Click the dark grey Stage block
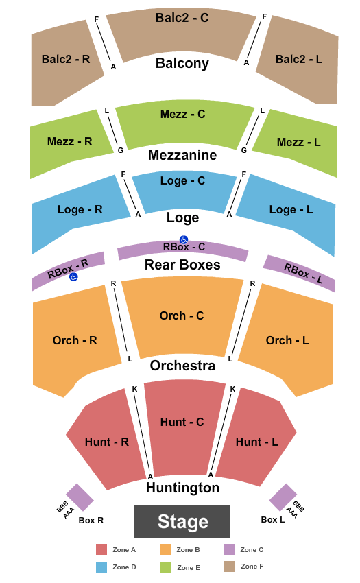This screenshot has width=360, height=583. [x=182, y=521]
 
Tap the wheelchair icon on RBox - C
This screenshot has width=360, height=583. [x=184, y=240]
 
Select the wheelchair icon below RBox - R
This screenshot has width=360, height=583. [x=73, y=276]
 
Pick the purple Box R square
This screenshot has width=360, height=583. [x=80, y=497]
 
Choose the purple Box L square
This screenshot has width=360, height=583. [x=283, y=497]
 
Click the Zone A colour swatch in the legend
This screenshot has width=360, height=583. [x=101, y=549]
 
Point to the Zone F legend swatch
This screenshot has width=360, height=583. [x=230, y=567]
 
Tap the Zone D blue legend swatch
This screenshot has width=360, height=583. [x=101, y=567]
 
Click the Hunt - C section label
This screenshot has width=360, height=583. [x=182, y=422]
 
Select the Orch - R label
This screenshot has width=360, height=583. [x=75, y=340]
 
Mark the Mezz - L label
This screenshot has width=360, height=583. [x=299, y=142]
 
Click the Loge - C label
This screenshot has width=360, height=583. [x=182, y=180]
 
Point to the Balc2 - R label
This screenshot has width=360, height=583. [x=66, y=59]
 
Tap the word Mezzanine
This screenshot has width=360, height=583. [x=182, y=155]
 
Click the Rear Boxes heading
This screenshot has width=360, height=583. [x=182, y=265]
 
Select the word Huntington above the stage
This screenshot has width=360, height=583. [x=182, y=488]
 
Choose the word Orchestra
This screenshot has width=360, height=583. [x=182, y=366]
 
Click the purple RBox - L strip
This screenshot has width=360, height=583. [x=300, y=273]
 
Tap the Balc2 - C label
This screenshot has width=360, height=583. [x=182, y=17]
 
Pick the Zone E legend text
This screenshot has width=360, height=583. [x=189, y=567]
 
